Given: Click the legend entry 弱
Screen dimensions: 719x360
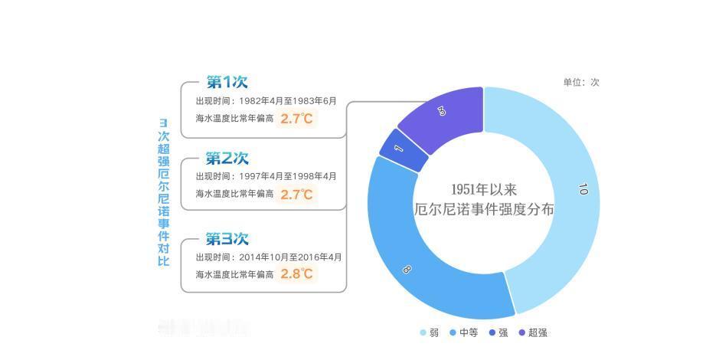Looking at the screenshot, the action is tap(430, 333).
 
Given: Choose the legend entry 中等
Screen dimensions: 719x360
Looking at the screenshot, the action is tap(464, 333).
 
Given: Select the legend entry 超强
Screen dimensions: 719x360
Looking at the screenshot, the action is tap(533, 333).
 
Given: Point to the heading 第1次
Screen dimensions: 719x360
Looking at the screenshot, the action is tap(227, 82).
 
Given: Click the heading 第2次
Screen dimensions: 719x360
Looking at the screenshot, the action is tap(227, 159).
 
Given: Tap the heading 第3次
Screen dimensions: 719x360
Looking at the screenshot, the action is tap(227, 239).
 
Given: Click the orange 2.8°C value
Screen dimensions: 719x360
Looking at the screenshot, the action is tap(296, 273).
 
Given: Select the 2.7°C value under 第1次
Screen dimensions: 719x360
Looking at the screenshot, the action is tap(296, 119).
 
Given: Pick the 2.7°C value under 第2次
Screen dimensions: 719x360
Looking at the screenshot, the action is tap(296, 195).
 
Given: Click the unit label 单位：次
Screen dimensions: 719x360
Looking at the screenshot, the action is tap(581, 82).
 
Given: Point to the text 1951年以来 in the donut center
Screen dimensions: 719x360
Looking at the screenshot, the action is tap(484, 189).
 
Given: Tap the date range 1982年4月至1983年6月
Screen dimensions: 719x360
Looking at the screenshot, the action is tap(288, 101).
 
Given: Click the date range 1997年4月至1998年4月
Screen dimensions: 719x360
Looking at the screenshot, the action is tap(288, 177).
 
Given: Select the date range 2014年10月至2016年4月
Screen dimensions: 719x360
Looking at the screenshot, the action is tap(290, 257).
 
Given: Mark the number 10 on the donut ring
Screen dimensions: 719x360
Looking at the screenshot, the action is tap(583, 189).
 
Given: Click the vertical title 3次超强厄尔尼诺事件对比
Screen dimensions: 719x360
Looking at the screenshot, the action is tap(164, 192).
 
